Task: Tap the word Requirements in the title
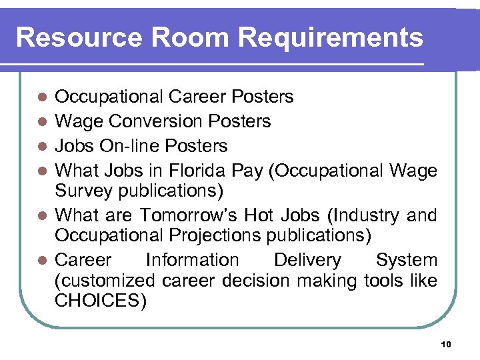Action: point(331,37)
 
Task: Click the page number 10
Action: point(447,344)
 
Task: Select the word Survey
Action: point(84,191)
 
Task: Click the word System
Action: point(406,260)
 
